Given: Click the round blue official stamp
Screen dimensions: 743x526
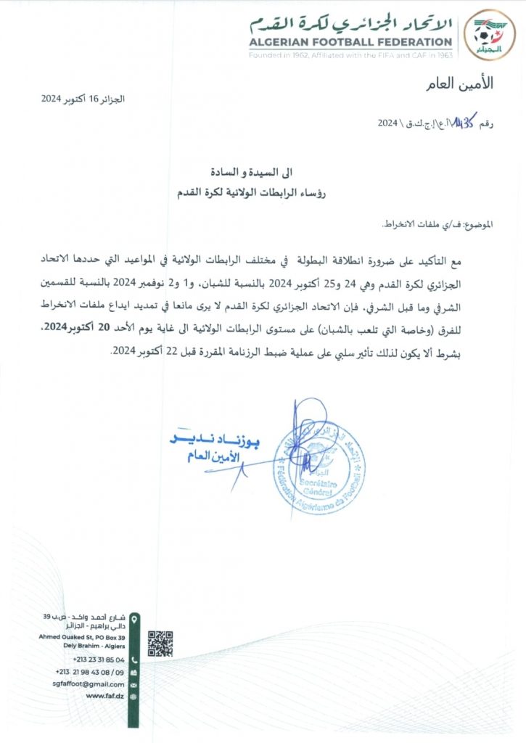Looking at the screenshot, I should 320,468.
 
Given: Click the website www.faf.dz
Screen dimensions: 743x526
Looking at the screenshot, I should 105,696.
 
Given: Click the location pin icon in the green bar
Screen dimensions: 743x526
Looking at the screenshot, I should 134,617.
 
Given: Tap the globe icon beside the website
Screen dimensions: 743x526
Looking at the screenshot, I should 134,696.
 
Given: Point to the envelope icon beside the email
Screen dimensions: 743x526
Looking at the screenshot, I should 134,684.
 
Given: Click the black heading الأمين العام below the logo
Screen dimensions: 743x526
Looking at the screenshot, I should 467,83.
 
